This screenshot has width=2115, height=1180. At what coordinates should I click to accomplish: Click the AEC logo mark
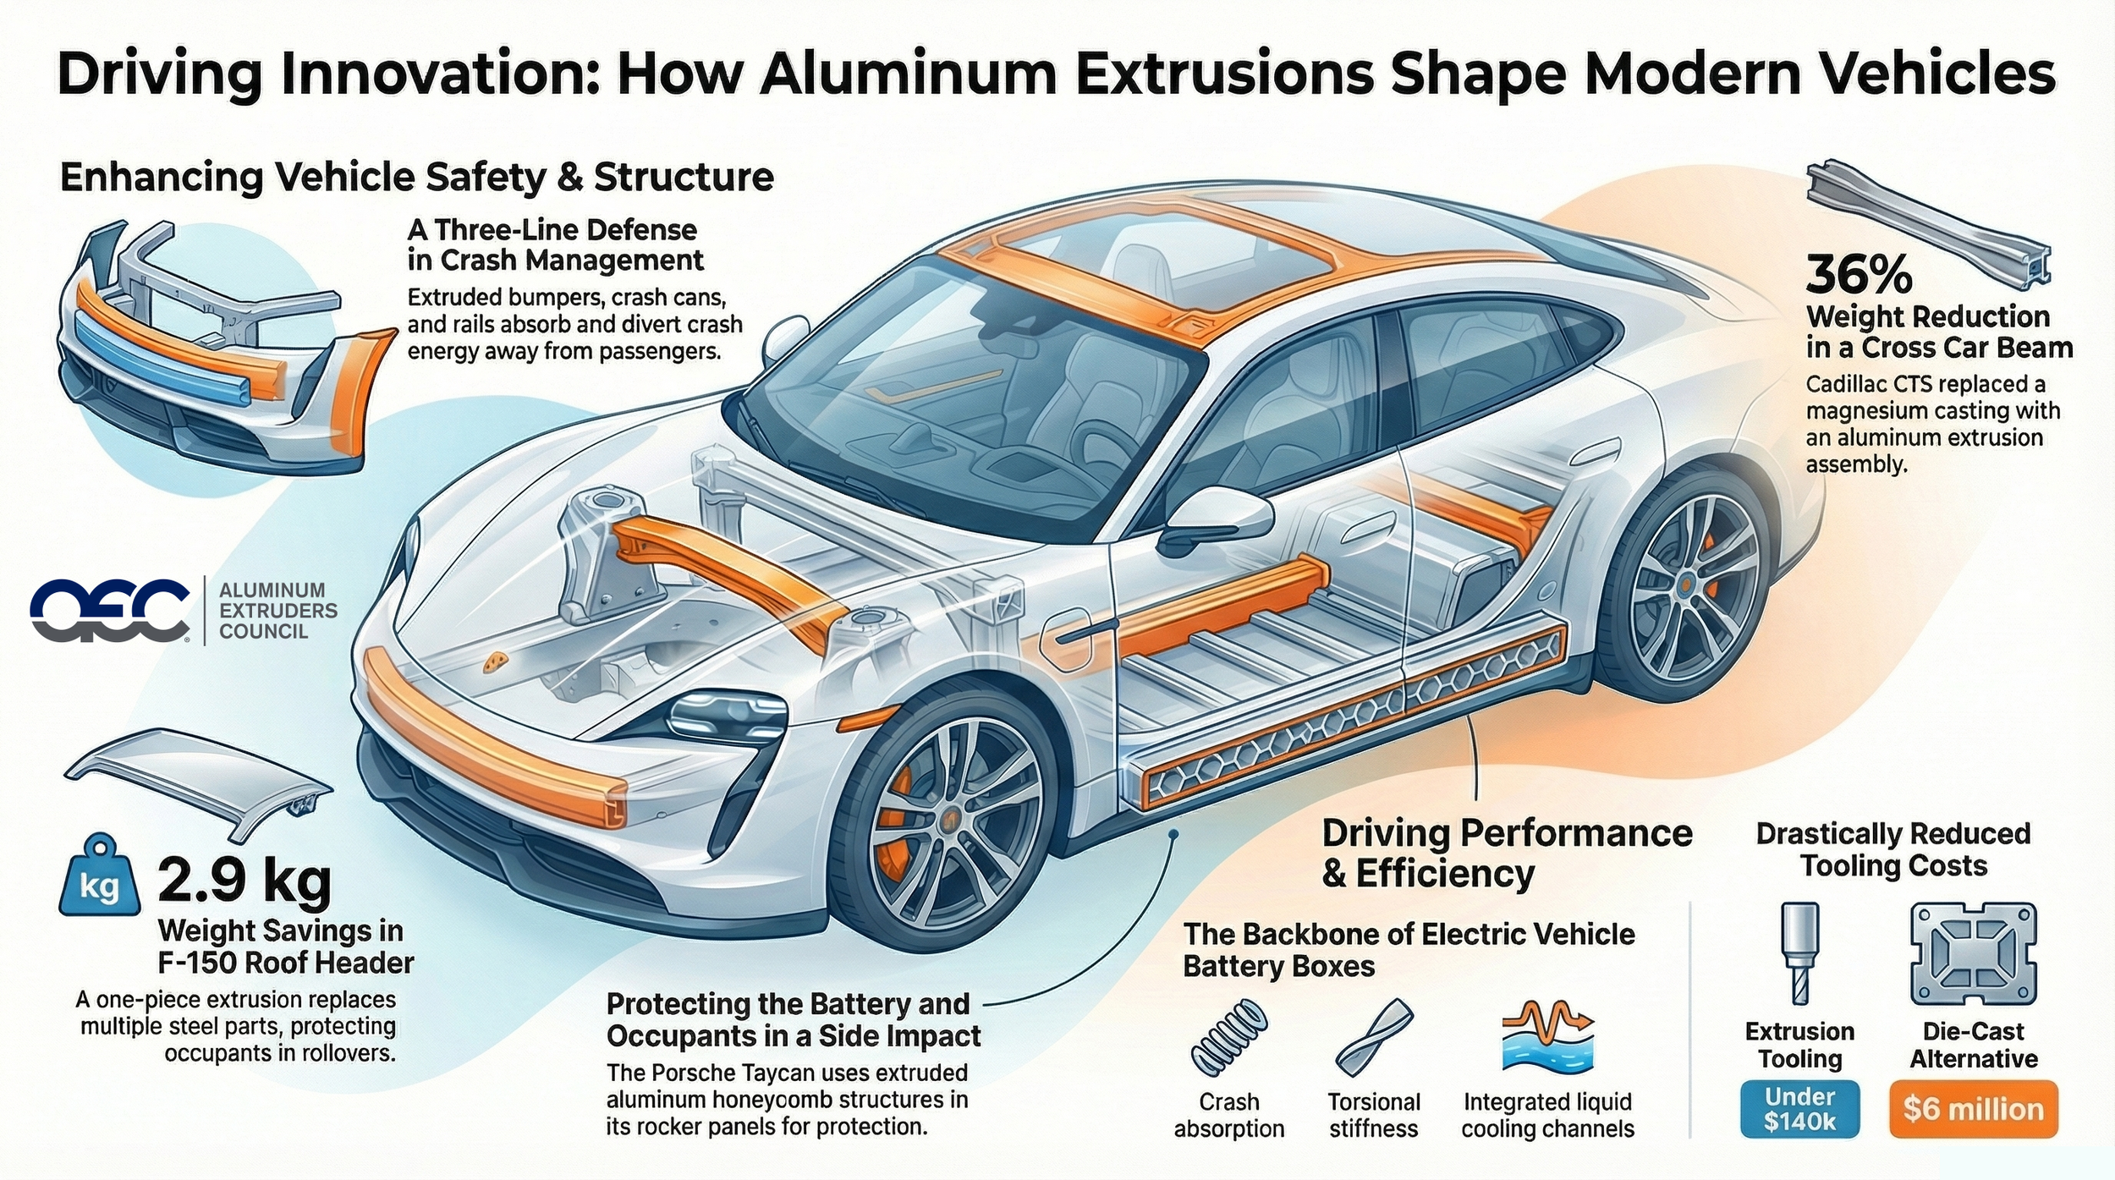[x=110, y=610]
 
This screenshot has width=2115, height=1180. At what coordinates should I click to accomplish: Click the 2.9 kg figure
[x=244, y=881]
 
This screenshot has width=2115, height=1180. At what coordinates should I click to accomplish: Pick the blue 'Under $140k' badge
[x=1799, y=1109]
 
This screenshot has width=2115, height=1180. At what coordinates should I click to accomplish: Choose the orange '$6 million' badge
[x=1973, y=1109]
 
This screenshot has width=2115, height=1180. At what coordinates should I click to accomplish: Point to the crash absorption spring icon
[x=1228, y=1037]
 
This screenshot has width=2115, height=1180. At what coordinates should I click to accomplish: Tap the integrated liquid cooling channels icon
[x=1546, y=1035]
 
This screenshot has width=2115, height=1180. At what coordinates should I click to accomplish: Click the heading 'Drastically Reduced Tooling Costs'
[x=1893, y=850]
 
